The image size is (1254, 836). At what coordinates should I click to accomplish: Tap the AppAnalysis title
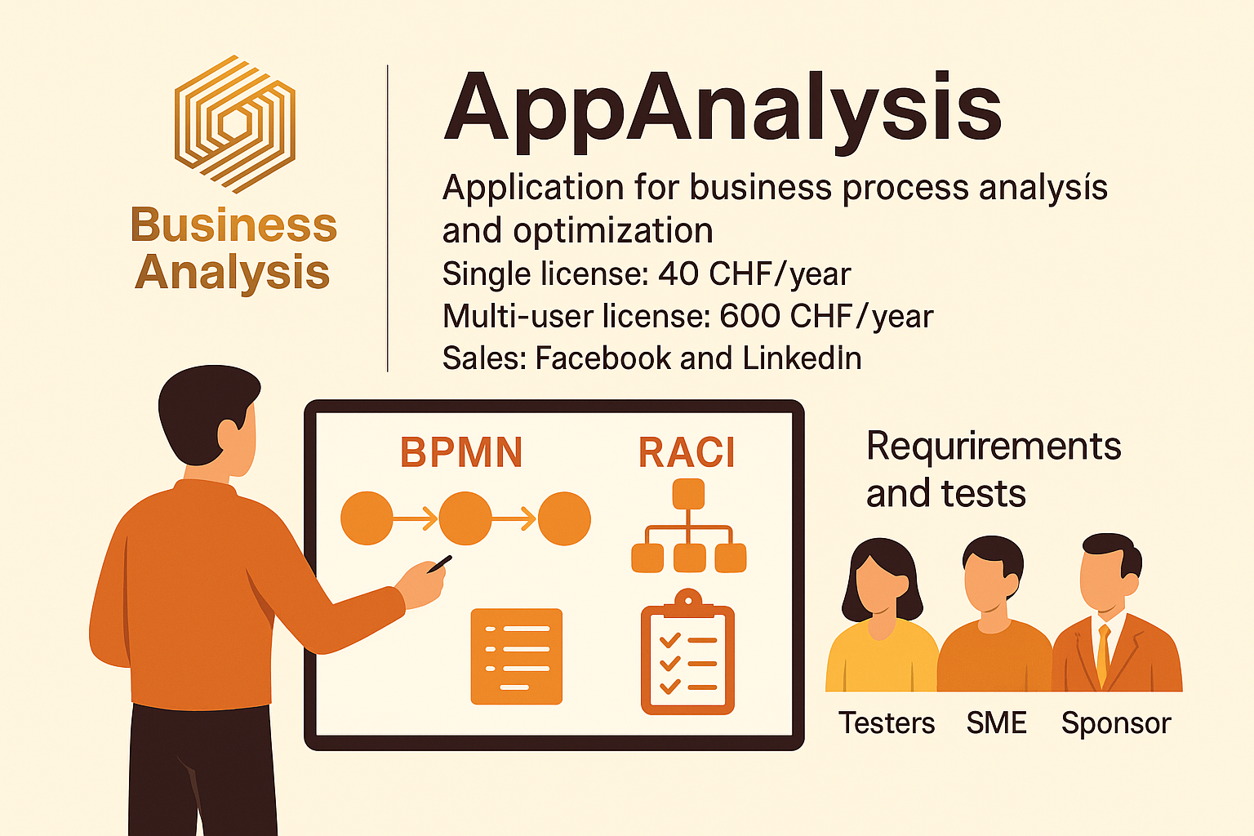[723, 110]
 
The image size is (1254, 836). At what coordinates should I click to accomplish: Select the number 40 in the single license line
[678, 274]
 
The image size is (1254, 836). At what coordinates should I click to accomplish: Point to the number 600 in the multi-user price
[749, 317]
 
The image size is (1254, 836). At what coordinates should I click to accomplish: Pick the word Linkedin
[802, 358]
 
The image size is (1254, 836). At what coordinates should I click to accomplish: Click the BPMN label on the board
[461, 453]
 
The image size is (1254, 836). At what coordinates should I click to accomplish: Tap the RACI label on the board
[687, 453]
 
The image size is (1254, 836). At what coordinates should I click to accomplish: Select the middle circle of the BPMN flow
[465, 518]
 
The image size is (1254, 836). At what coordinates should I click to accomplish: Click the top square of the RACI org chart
[688, 494]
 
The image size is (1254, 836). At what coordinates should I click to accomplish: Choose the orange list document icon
[517, 656]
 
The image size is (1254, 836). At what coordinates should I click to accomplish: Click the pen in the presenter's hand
[439, 563]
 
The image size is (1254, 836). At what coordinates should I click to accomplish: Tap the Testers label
[887, 723]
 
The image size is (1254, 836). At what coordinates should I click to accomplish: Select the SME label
[996, 723]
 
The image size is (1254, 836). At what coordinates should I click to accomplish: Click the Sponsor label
[1116, 723]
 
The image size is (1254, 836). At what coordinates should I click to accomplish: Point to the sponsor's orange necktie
[1103, 653]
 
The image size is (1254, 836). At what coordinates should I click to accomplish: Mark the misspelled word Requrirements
[994, 447]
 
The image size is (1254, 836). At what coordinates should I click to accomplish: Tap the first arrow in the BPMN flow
[416, 518]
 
